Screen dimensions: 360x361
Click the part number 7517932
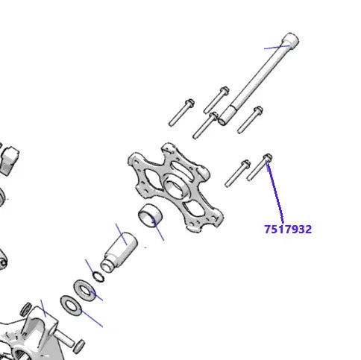click(287, 229)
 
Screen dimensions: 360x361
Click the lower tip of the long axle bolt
click(224, 118)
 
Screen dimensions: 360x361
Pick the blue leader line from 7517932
click(276, 190)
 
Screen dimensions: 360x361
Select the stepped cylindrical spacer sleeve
click(119, 250)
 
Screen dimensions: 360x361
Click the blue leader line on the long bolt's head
click(276, 46)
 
